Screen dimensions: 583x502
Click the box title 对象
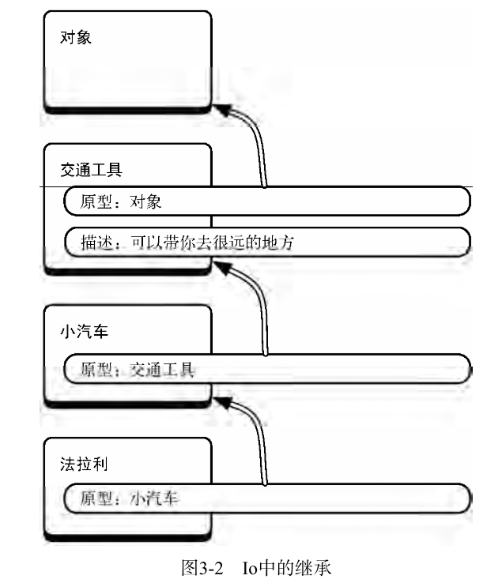(x=76, y=36)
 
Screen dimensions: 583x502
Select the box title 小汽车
(x=83, y=331)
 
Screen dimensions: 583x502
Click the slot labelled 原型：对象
(x=266, y=201)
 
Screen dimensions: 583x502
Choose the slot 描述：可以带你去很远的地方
(x=266, y=242)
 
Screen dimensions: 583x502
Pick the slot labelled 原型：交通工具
(x=266, y=367)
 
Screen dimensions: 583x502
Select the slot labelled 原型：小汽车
(x=266, y=498)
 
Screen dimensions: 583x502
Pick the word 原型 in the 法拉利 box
(x=96, y=499)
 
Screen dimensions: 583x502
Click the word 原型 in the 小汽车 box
(x=96, y=368)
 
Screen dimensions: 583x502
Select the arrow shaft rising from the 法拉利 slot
(x=262, y=450)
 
